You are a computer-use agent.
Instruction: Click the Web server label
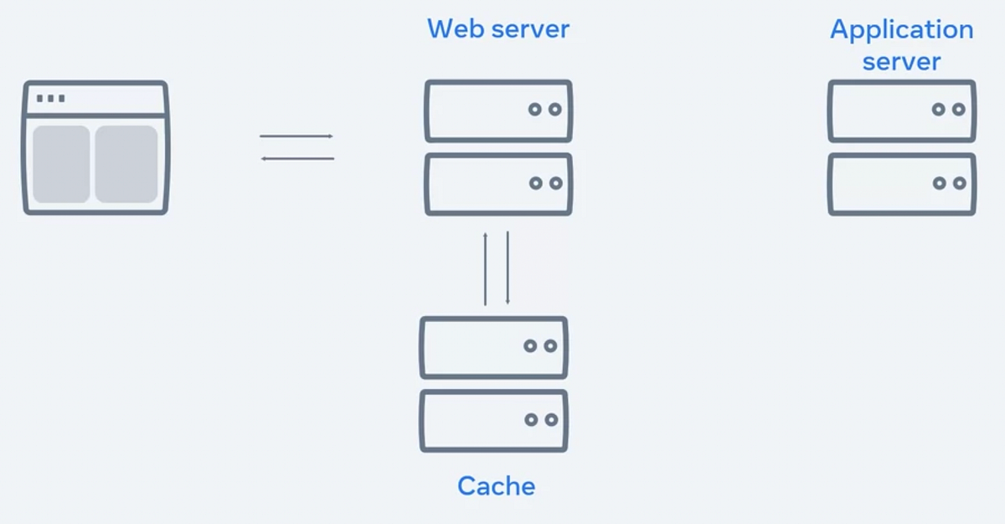[x=497, y=29]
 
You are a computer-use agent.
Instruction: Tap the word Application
[x=901, y=30]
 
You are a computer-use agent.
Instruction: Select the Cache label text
[x=496, y=485]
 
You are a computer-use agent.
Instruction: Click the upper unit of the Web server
[x=498, y=111]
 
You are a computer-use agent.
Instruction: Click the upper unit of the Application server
[x=902, y=111]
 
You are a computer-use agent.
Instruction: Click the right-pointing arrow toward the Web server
[x=296, y=136]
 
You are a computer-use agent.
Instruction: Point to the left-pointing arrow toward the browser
[x=296, y=158]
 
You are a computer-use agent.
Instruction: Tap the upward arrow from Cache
[x=485, y=268]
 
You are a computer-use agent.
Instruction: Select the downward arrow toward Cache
[x=508, y=268]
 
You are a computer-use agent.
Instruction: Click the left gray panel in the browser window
[x=61, y=163]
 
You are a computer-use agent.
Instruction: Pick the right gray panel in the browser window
[x=126, y=163]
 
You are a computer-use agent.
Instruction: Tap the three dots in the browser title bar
[x=50, y=98]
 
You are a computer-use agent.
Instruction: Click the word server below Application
[x=901, y=61]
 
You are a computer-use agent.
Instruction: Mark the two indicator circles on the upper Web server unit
[x=545, y=110]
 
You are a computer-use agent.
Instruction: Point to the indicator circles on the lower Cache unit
[x=540, y=419]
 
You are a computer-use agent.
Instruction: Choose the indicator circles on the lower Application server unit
[x=949, y=183]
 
